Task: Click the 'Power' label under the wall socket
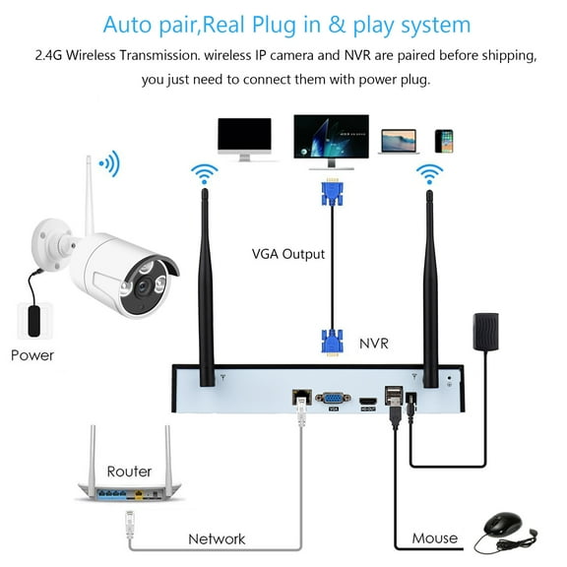[33, 354]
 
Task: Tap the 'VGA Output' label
[286, 254]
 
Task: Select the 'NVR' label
[375, 345]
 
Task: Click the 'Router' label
[129, 472]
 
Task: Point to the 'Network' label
[218, 537]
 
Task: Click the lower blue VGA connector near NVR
[330, 342]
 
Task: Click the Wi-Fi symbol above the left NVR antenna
[206, 175]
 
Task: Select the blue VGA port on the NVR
[333, 399]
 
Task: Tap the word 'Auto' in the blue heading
[132, 25]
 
